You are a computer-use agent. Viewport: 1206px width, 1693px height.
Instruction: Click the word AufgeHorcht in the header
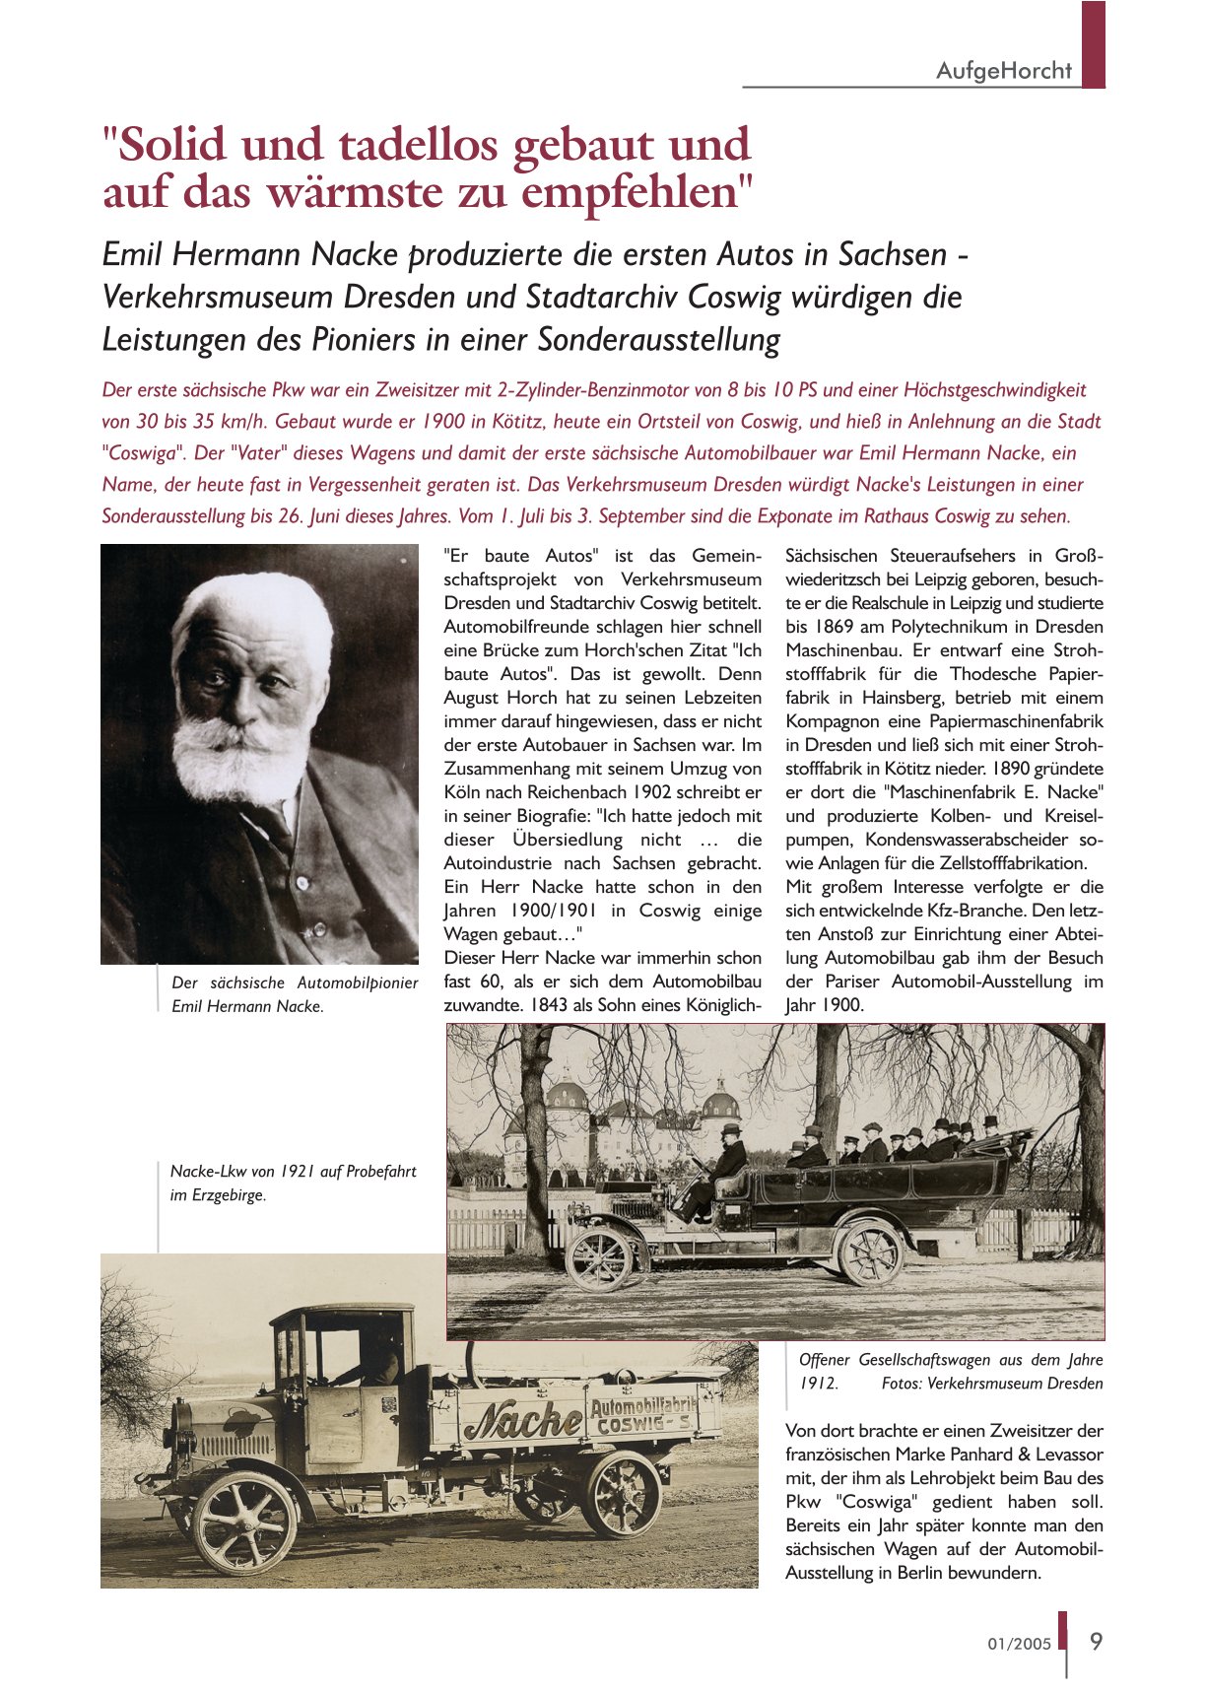click(1003, 71)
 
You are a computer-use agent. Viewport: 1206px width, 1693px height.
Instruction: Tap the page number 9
click(1096, 1641)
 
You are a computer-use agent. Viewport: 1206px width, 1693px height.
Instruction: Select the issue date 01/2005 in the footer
click(1020, 1644)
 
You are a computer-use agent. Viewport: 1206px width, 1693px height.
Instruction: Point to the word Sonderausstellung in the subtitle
click(659, 340)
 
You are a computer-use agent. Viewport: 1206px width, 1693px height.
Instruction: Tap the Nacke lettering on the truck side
click(522, 1420)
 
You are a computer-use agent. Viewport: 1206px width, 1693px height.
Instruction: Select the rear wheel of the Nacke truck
click(622, 1494)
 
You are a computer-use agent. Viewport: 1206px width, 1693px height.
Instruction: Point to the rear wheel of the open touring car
click(868, 1252)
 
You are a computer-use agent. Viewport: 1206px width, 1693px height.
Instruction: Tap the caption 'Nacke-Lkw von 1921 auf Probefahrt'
click(293, 1172)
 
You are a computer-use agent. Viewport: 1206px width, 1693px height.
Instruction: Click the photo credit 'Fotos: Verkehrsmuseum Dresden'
click(991, 1384)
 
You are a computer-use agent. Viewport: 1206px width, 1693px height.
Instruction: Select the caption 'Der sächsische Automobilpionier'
click(295, 982)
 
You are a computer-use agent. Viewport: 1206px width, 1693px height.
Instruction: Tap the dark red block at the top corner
click(1093, 44)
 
